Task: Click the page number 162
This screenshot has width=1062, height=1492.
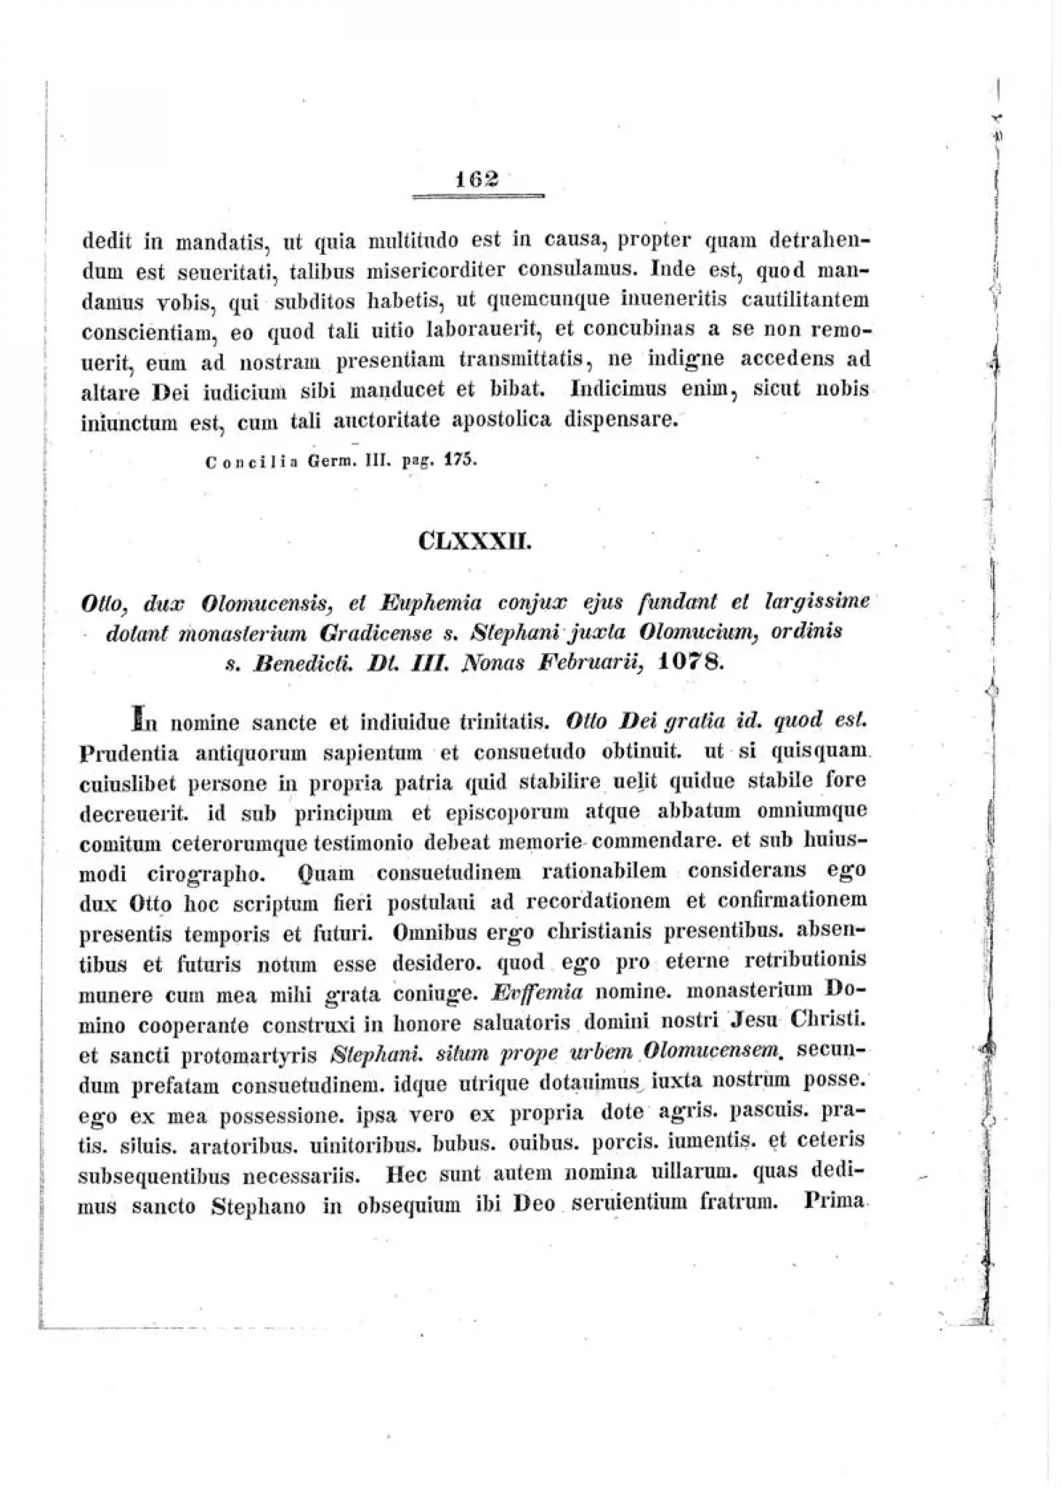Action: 478,178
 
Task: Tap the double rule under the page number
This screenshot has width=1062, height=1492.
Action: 478,196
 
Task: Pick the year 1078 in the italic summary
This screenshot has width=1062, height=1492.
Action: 690,662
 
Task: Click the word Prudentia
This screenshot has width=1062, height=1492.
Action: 129,754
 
